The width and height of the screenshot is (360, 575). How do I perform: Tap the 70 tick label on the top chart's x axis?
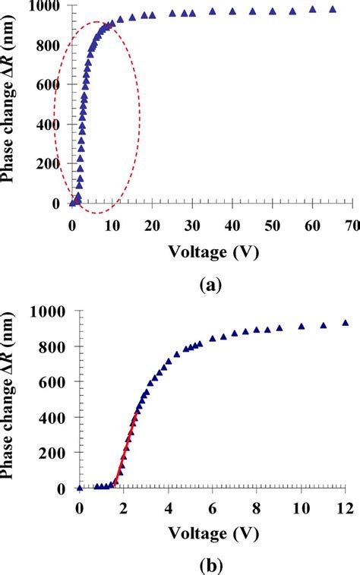pyautogui.click(x=352, y=225)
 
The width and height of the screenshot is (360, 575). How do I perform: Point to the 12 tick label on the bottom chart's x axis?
pyautogui.click(x=346, y=507)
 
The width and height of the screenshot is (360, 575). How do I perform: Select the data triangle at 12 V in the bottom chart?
pyautogui.click(x=346, y=323)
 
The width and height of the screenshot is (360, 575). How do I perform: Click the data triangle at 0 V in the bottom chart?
pyautogui.click(x=80, y=488)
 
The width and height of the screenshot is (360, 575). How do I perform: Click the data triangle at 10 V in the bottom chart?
pyautogui.click(x=302, y=326)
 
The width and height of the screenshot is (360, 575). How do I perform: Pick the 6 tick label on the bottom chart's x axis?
pyautogui.click(x=213, y=507)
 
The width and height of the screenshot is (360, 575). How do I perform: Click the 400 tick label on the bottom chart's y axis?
pyautogui.click(x=53, y=417)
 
